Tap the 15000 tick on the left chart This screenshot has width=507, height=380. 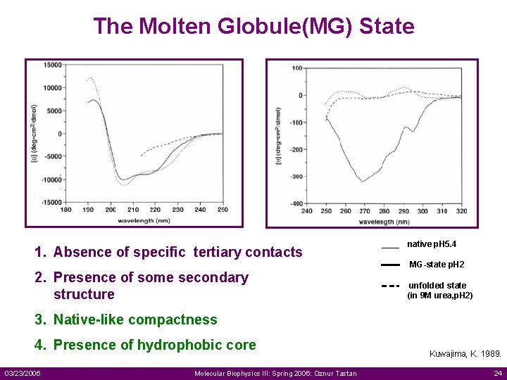click(52, 65)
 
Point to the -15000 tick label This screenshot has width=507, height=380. click(51, 203)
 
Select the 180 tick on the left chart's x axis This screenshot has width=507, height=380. click(65, 210)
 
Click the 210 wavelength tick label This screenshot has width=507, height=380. click(132, 210)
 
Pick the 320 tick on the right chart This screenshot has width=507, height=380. click(461, 211)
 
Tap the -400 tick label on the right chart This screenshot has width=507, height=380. click(296, 204)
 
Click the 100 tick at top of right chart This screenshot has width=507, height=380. click(297, 68)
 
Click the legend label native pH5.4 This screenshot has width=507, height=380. click(432, 244)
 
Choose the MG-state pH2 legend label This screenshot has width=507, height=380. click(437, 265)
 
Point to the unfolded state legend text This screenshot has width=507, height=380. click(437, 286)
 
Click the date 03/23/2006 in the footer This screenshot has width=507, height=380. click(23, 373)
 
